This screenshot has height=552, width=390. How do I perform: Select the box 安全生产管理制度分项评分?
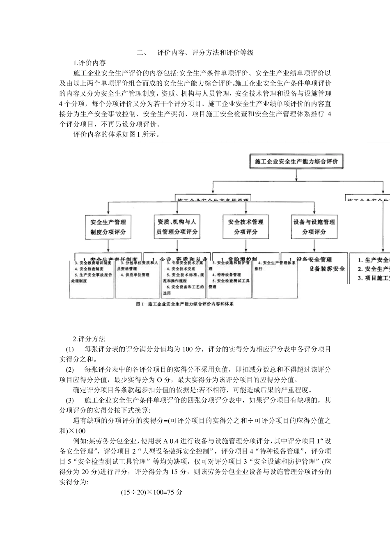tap(108, 227)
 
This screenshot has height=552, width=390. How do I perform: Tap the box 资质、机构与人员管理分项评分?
tap(177, 227)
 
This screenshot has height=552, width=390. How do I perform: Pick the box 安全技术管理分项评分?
tap(245, 227)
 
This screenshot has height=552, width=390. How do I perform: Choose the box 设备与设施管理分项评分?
tap(314, 227)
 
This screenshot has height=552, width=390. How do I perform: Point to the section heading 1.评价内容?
tap(89, 63)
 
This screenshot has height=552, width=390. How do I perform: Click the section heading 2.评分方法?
tap(89, 339)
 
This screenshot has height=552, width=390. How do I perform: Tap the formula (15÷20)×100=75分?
tap(151, 492)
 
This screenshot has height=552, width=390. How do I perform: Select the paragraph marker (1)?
tap(70, 349)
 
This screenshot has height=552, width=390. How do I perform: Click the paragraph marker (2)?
tap(70, 369)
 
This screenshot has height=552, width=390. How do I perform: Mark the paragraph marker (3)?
tap(70, 400)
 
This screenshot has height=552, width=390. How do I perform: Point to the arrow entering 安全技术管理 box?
tap(245, 208)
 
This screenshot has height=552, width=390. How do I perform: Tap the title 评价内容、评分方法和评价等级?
tap(206, 53)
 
